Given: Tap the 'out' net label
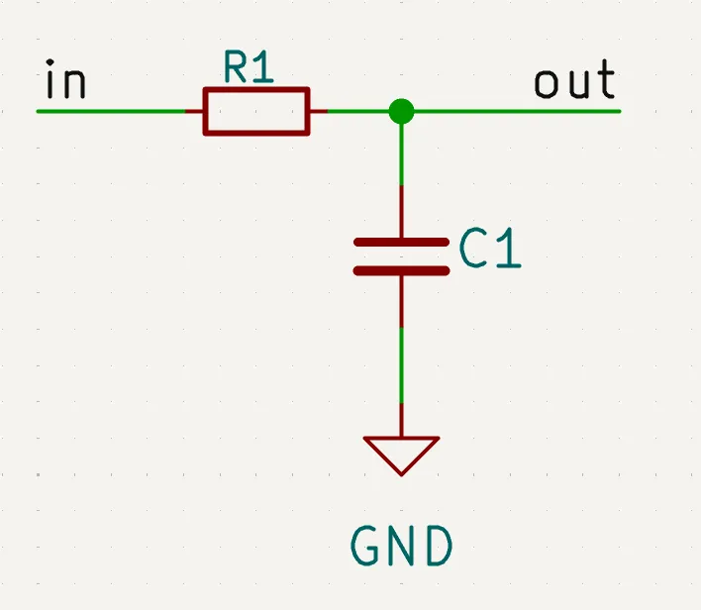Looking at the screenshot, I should click(x=574, y=82).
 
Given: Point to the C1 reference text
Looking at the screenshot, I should click(x=490, y=252).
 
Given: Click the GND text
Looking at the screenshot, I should click(x=402, y=546).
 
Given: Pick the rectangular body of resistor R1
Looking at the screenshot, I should click(x=256, y=111).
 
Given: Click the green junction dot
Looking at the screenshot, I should click(x=401, y=111).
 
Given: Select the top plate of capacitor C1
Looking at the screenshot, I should click(x=401, y=242).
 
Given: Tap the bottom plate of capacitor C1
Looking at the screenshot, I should click(x=401, y=268).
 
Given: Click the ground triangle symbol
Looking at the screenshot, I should click(x=401, y=452).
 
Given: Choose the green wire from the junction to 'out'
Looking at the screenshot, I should click(x=515, y=111).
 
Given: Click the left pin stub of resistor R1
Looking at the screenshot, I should click(x=194, y=111).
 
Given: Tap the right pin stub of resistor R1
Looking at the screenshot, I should click(x=319, y=111).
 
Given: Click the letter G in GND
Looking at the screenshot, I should click(x=367, y=546).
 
